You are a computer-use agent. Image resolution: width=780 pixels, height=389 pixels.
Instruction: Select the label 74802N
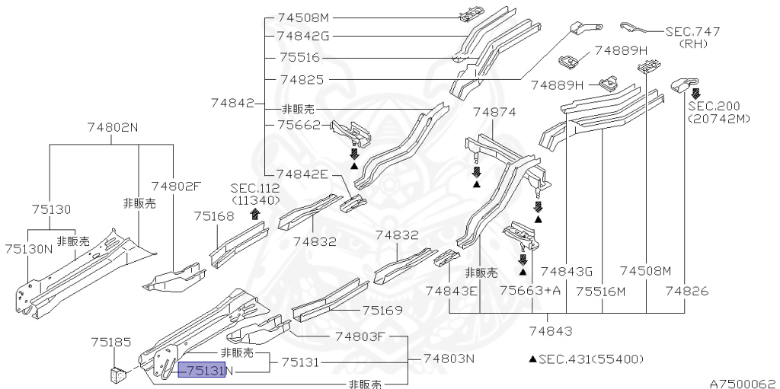pyautogui.click(x=113, y=127)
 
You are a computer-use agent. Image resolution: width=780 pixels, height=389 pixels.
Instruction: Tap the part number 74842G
pyautogui.click(x=303, y=36)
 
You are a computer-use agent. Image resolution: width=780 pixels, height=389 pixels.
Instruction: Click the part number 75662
pyautogui.click(x=300, y=124)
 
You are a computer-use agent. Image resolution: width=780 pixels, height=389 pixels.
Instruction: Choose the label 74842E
pyautogui.click(x=303, y=174)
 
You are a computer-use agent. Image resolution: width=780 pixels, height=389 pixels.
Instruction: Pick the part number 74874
pyautogui.click(x=494, y=113)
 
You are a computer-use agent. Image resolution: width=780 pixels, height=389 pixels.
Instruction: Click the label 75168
pyautogui.click(x=214, y=216)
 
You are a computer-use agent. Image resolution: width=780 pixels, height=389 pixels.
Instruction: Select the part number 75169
pyautogui.click(x=382, y=311)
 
